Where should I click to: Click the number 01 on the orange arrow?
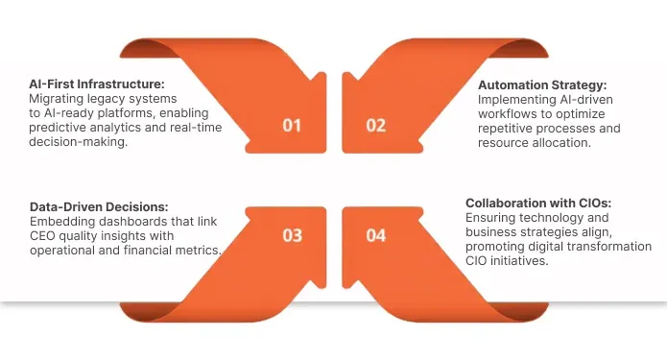292,125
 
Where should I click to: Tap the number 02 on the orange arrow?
376,125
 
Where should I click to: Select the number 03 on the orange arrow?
292,235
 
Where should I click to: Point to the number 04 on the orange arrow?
376,235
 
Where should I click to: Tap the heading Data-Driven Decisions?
99,206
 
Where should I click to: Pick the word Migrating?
58,98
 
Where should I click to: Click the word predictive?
60,128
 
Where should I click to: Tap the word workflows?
509,112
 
